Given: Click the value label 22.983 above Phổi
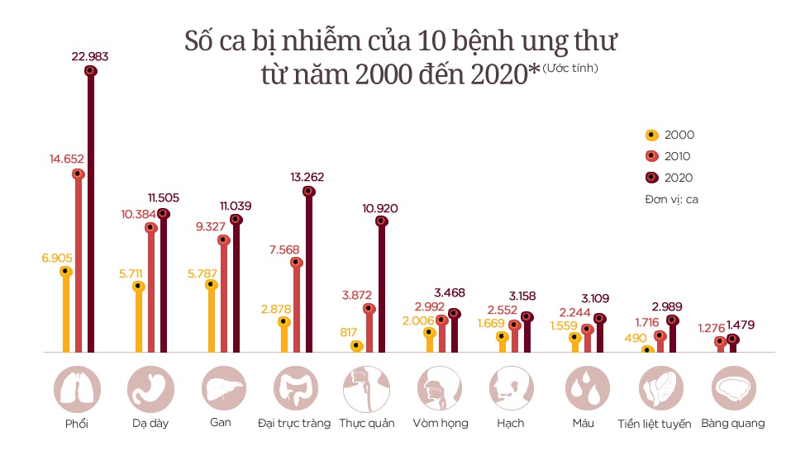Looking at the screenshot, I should pos(90,56).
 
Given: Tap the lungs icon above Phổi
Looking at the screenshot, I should pos(77,389).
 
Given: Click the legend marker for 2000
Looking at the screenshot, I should pos(650,135).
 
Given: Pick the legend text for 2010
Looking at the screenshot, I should pos(677,156).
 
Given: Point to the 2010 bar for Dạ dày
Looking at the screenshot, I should pos(151,289).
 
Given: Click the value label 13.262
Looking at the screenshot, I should pos(307,177).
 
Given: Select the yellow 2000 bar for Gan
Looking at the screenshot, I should pos(212,318).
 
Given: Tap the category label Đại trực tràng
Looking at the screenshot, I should pos(293,423).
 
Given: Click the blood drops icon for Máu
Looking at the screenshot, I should pos(588,389).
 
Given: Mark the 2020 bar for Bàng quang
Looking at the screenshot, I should pos(732,344).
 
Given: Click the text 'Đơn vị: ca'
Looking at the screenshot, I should pos(672,199).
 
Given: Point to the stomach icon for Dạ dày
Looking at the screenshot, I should pos(151,389).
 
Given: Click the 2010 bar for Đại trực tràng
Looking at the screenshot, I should pos(297,306).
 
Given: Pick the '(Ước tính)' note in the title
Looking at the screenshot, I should pos(570,68).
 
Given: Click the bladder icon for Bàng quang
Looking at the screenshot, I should pos(733,389).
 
